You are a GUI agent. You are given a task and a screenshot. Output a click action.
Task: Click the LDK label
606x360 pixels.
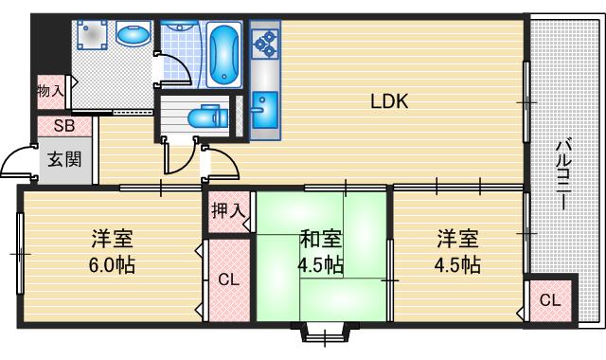coord(388,101)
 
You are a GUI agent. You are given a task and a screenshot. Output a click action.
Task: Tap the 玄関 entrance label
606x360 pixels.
coord(64,159)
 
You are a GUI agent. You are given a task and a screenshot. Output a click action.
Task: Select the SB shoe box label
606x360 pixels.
coord(63,125)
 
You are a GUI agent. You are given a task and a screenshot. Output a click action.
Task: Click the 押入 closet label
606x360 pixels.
coord(227,210)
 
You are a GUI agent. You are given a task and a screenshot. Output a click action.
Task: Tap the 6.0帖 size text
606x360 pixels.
coord(113,265)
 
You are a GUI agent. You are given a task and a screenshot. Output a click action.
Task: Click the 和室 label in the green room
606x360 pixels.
coord(321,237)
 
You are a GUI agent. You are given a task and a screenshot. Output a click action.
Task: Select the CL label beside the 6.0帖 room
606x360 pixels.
coord(228,279)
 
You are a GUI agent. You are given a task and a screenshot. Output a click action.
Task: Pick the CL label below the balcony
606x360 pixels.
coord(550,301)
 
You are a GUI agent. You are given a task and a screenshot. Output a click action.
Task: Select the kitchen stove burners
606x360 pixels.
coord(264,42)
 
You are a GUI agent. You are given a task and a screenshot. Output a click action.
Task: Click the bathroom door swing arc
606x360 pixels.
coord(170,69)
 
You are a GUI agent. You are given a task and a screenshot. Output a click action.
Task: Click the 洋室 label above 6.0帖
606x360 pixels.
coord(113,237)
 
